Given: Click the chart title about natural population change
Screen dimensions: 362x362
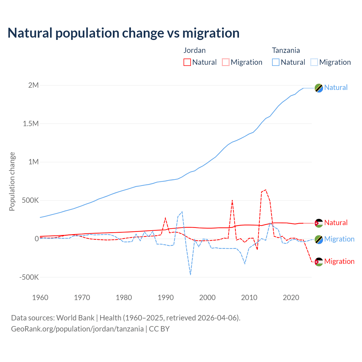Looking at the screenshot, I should [123, 33].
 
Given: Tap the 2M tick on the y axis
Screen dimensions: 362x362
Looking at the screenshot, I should [33, 85].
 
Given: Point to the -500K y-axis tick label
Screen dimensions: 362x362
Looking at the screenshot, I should [29, 277].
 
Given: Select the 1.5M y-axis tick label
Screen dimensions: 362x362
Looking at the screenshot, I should [31, 124].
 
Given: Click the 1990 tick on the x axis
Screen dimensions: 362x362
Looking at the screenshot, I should [165, 298].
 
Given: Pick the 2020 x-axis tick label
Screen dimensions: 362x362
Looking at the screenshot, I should [291, 298].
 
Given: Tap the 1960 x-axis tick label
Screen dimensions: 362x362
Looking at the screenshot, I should [40, 298].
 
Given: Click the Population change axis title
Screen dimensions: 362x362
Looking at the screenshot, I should [12, 181].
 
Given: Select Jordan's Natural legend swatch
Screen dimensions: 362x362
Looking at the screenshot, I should [187, 62].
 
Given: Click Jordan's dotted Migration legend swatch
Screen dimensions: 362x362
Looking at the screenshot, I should [226, 62].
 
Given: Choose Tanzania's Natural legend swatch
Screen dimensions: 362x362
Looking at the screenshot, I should [276, 62].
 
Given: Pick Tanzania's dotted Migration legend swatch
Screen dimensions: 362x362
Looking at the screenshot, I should [314, 62].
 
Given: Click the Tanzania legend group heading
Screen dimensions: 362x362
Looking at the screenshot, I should [286, 50].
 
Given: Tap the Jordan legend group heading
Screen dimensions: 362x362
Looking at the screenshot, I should [195, 50].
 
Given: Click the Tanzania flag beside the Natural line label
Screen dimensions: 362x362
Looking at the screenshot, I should [319, 88].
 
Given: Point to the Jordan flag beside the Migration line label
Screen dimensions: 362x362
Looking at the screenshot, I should [319, 262].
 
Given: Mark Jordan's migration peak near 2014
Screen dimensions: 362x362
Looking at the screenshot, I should [266, 190].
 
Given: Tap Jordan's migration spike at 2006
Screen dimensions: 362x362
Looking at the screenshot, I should [232, 200].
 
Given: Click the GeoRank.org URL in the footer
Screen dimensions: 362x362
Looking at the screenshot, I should [77, 329].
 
